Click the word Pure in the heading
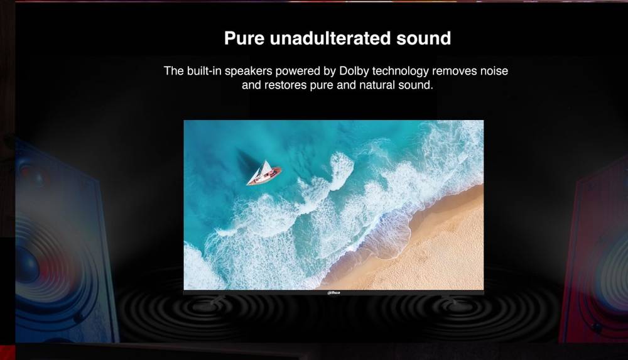[244, 38]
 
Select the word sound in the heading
[424, 38]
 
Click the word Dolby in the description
[354, 72]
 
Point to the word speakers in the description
[248, 72]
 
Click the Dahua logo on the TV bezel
[333, 293]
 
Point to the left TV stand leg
[217, 299]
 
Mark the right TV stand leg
[450, 299]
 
